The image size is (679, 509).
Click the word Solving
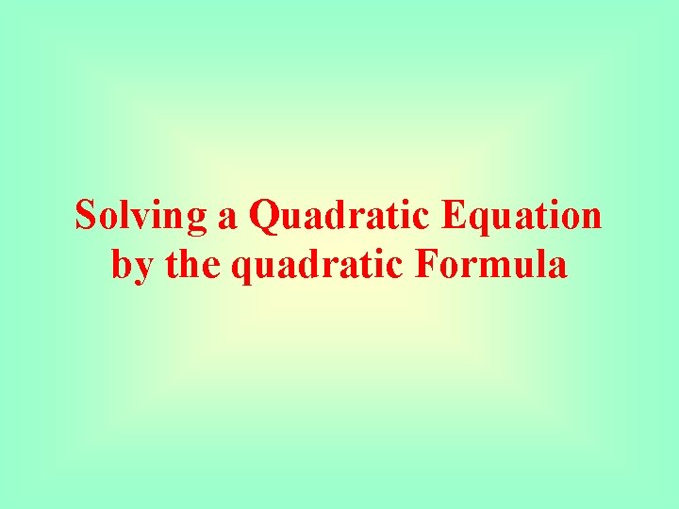142,216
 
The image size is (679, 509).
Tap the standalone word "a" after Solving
227,218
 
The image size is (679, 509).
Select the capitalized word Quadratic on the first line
331,216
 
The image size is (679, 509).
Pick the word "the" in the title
193,264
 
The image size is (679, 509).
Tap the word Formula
490,264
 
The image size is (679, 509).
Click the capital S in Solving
86,216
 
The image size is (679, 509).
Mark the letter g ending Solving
197,221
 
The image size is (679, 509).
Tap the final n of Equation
590,219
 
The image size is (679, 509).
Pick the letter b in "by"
122,264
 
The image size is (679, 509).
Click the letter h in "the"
191,264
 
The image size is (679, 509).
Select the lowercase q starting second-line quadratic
240,269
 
